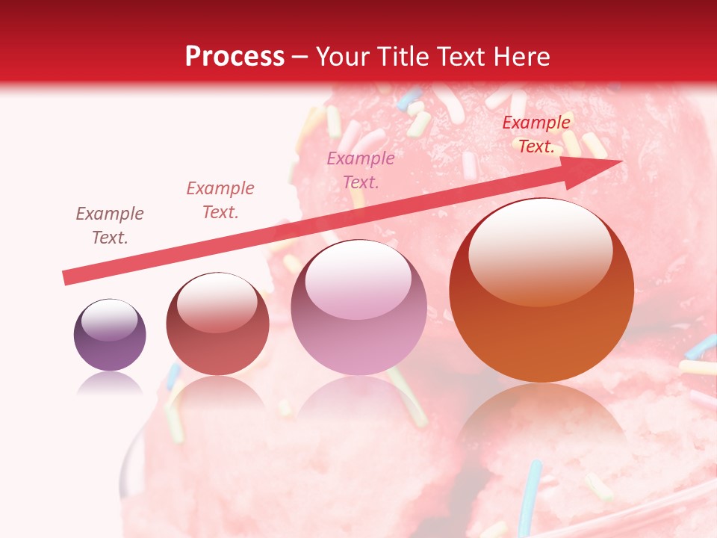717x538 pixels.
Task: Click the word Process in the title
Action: [x=235, y=57]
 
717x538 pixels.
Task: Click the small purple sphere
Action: [x=110, y=335]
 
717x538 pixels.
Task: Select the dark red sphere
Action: [x=217, y=324]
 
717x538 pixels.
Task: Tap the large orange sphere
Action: [x=541, y=290]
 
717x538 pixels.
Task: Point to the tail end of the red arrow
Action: [x=67, y=277]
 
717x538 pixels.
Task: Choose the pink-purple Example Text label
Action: [x=361, y=170]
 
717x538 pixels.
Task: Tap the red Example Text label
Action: [x=536, y=134]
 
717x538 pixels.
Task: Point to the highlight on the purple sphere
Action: [x=109, y=319]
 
